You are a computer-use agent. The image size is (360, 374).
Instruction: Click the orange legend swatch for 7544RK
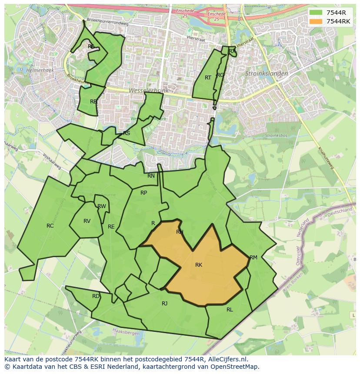pos(316,21)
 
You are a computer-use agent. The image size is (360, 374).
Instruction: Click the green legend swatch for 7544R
pos(316,13)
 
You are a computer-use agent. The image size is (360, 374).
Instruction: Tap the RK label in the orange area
pos(199,265)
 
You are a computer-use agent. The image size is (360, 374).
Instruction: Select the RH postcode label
pos(180,232)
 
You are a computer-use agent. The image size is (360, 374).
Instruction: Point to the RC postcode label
pos(50,226)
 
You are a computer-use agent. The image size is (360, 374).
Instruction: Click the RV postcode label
pos(87,221)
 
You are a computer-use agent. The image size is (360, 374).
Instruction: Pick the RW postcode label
pos(102,206)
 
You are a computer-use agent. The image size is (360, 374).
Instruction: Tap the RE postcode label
pos(111,227)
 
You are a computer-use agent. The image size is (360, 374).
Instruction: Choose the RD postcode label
pos(96,296)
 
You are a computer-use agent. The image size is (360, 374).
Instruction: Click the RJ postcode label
pos(164,304)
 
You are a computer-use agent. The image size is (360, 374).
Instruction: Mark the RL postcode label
pos(230,310)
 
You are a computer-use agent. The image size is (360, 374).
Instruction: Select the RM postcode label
pos(253,258)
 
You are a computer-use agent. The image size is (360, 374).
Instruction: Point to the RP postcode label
pos(143,193)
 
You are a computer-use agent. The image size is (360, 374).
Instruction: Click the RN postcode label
pos(151,176)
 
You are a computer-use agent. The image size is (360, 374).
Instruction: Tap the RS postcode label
pos(127,133)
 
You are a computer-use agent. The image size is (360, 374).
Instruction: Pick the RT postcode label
pos(208,78)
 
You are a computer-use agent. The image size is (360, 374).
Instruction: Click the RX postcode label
pos(232,51)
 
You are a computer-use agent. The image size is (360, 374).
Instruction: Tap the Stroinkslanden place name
pos(267,74)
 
